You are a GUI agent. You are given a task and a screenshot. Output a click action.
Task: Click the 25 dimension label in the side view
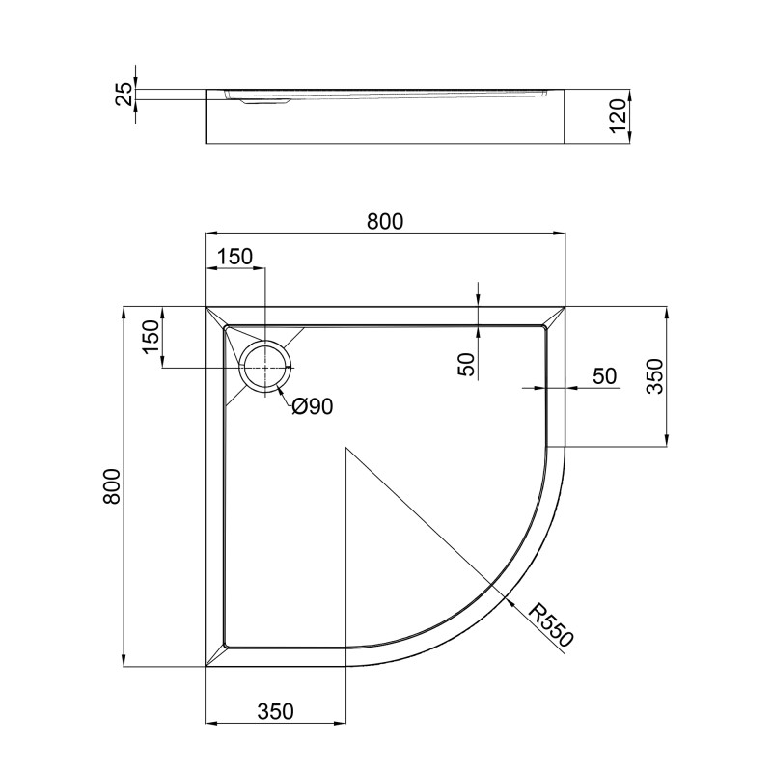(124, 94)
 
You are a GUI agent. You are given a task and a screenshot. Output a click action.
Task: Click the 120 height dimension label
(619, 118)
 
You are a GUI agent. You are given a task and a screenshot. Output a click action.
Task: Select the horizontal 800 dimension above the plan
(384, 221)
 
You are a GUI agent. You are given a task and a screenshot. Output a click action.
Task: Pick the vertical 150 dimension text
(150, 338)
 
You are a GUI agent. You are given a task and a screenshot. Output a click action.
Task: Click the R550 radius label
(553, 625)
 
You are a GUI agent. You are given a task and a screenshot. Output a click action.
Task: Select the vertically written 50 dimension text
(466, 364)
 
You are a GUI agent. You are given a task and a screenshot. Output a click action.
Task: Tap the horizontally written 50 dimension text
(604, 376)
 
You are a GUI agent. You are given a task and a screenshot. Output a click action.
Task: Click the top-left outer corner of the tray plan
(206, 307)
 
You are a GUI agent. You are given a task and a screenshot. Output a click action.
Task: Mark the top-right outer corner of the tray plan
(565, 307)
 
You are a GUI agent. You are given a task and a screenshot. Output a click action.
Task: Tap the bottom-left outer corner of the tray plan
(206, 666)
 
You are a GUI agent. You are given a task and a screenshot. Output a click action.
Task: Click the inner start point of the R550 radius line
(345, 448)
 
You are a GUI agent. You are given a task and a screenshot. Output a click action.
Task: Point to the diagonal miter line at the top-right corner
(555, 317)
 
